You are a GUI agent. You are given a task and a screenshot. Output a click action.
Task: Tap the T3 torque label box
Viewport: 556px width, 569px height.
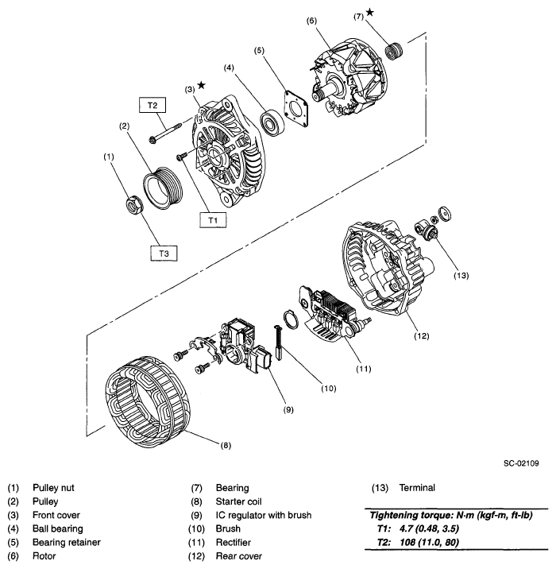click(163, 253)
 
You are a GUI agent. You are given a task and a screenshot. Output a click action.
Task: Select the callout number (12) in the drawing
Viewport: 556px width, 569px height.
click(422, 335)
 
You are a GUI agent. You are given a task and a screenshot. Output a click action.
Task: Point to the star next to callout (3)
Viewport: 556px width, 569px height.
click(202, 85)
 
